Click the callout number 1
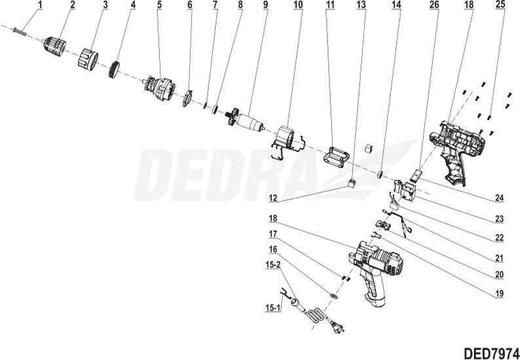click(40, 5)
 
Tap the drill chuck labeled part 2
click(54, 45)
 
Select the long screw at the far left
click(19, 31)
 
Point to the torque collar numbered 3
click(88, 58)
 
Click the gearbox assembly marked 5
click(159, 89)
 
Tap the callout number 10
click(298, 5)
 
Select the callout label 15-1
click(272, 308)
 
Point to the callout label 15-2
click(273, 266)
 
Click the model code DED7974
click(491, 353)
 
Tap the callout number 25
click(500, 5)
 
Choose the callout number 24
click(499, 198)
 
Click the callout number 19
click(499, 293)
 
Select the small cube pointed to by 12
click(352, 183)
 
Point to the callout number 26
click(434, 5)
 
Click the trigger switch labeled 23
click(405, 189)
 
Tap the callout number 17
click(272, 234)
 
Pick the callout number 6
click(190, 5)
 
